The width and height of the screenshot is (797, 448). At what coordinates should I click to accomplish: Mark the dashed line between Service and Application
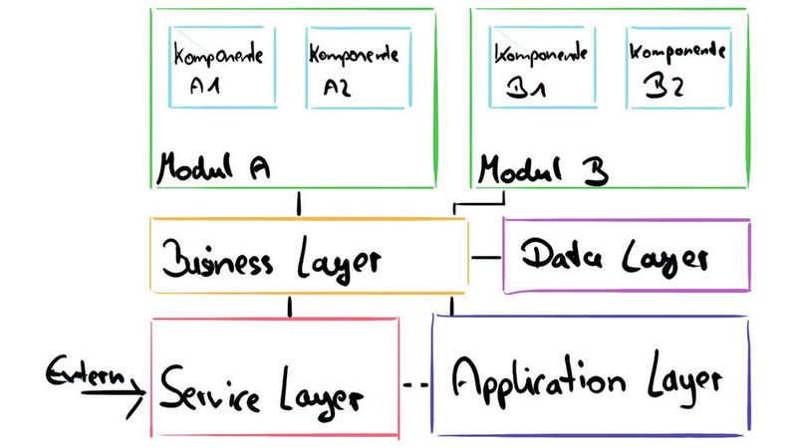415,384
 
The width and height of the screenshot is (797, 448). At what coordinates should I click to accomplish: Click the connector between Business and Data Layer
485,258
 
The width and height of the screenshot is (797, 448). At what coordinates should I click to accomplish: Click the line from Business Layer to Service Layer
289,307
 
